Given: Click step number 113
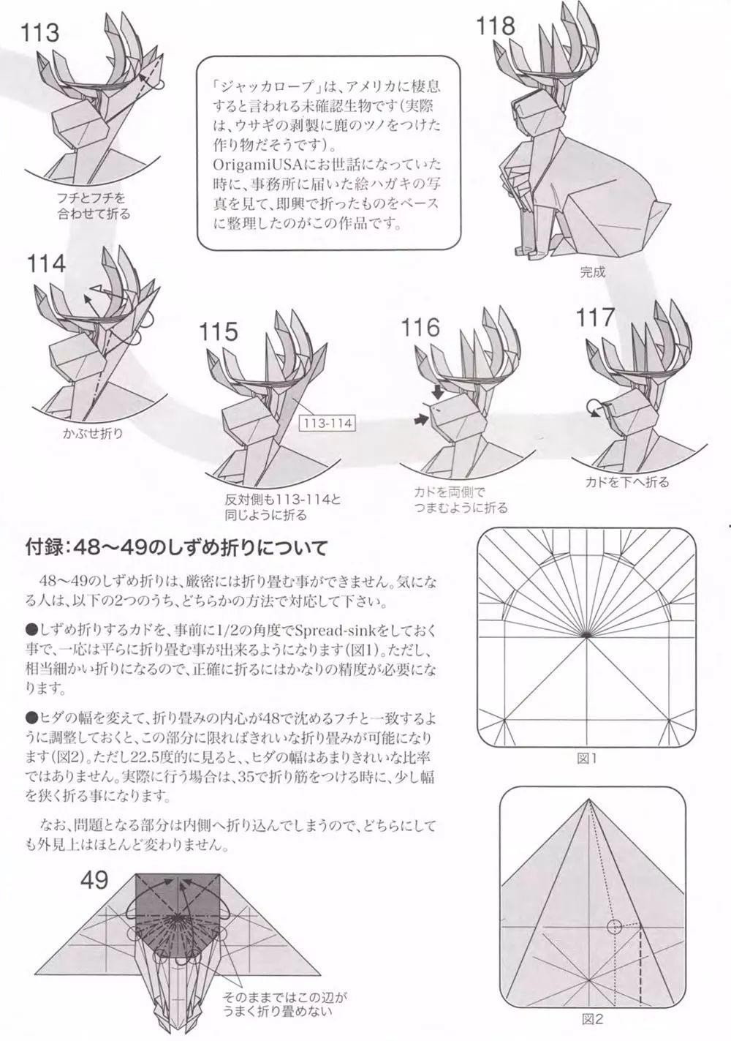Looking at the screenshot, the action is (x=39, y=34).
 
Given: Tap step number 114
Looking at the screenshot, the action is (x=46, y=264).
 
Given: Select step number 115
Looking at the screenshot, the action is (x=218, y=332).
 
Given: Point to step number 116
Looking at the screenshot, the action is (x=420, y=328).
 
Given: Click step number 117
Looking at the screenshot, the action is (x=594, y=317).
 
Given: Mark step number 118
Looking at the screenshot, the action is (x=496, y=26).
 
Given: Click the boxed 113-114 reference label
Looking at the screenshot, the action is (x=328, y=424).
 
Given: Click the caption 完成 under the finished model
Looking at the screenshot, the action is (x=593, y=272).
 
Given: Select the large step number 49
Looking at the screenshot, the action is (x=94, y=880).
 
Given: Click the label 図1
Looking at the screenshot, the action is (x=586, y=759).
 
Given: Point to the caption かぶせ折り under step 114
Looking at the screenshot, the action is (x=93, y=433).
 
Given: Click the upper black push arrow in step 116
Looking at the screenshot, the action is (x=437, y=392).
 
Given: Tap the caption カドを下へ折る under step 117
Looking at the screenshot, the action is (x=626, y=482).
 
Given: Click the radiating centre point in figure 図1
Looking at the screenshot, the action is (x=586, y=635).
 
